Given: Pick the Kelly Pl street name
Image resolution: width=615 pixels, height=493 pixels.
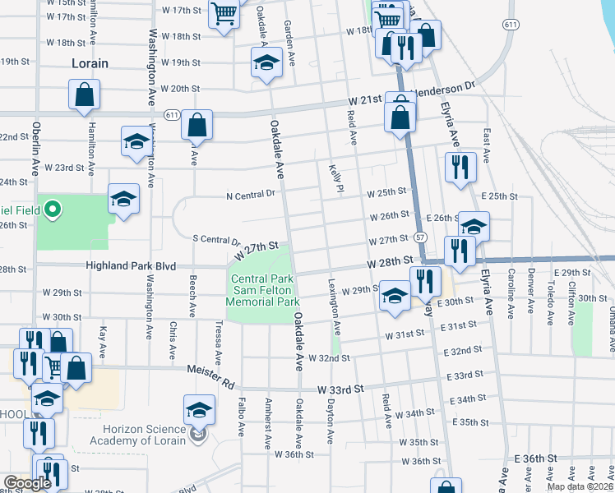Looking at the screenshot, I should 335,177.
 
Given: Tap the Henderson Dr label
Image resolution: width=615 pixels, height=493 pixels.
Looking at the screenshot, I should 444,86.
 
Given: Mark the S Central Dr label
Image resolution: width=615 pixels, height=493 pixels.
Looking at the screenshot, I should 216,240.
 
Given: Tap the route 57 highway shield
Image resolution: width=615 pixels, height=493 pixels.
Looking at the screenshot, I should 420,237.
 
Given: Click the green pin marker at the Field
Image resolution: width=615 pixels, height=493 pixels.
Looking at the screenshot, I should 53,210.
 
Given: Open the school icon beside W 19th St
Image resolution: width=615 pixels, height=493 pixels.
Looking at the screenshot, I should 266,65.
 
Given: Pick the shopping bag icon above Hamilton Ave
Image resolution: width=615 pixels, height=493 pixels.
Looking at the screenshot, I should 85,95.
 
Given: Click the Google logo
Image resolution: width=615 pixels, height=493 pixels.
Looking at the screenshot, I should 28,483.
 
